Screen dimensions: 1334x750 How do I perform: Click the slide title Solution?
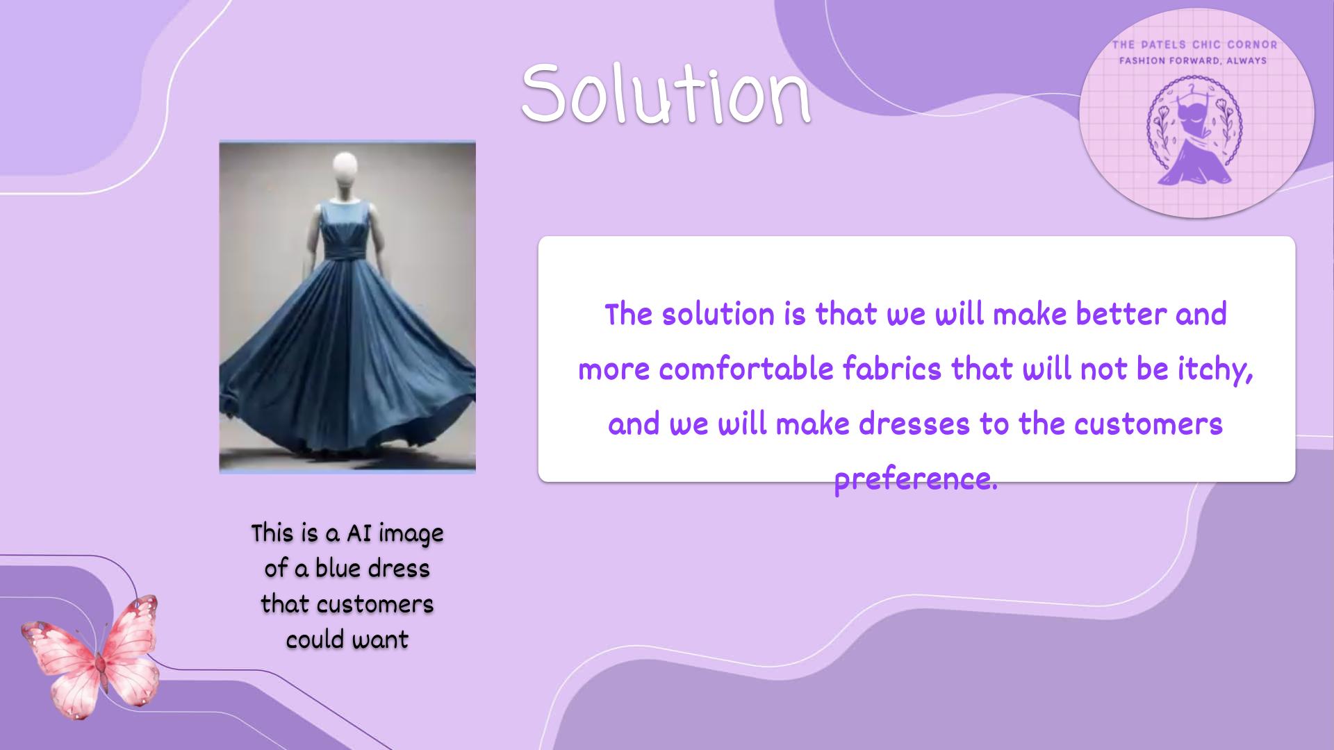[666, 93]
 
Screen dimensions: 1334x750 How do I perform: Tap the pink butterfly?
[90, 656]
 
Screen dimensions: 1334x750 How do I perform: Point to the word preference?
[916, 480]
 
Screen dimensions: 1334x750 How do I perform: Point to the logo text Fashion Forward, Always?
[1193, 61]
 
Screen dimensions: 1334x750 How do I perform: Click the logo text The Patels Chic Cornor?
[1194, 45]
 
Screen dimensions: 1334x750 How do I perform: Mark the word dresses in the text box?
[914, 424]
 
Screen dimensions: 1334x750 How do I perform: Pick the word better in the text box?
[1121, 314]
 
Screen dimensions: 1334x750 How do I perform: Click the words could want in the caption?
[347, 640]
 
